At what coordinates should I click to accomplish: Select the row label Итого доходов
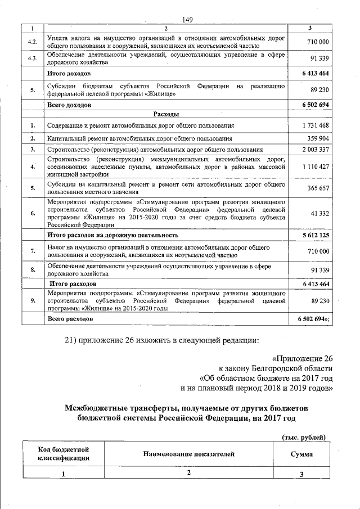click(69, 74)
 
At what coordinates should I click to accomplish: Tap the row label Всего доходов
click(69, 105)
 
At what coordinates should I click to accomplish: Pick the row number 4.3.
click(33, 58)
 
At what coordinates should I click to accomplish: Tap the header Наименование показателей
click(188, 454)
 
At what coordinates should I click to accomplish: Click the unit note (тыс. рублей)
click(303, 438)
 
